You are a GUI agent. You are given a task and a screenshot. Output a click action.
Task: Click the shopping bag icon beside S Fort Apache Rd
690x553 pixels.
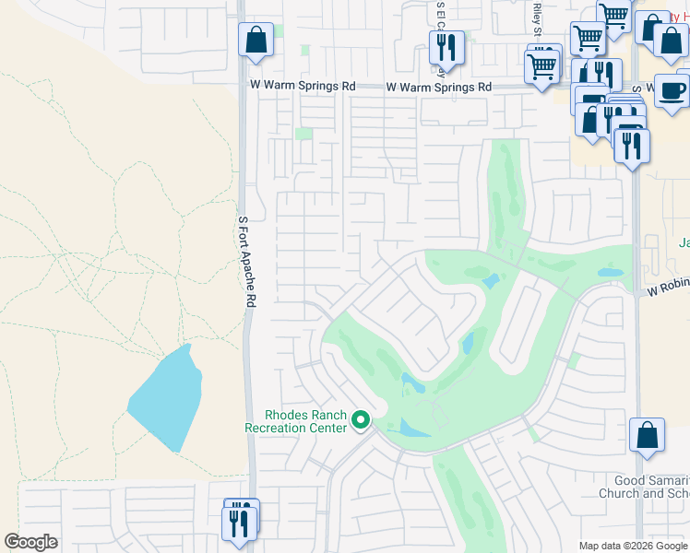point(256,41)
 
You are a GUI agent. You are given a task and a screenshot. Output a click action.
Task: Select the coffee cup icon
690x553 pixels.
point(672,91)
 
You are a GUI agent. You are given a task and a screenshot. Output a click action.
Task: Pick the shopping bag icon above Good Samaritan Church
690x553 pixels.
point(647,435)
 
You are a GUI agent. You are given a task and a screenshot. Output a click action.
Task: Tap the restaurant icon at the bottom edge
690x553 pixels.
point(238,524)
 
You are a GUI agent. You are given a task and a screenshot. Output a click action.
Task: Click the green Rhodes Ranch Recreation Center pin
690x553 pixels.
point(361,422)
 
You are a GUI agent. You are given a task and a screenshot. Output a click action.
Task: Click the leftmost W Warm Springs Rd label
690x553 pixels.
point(303,86)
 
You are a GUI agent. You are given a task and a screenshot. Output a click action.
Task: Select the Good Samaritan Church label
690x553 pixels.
point(651,487)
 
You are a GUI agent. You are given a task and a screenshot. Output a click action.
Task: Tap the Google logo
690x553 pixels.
point(30,542)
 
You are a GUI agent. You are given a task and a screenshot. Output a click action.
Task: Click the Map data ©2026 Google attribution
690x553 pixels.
point(632,546)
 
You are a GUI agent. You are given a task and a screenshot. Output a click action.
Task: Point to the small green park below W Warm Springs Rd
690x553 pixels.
point(303,135)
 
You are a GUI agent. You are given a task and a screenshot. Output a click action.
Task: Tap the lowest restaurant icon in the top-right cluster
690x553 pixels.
point(632,147)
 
